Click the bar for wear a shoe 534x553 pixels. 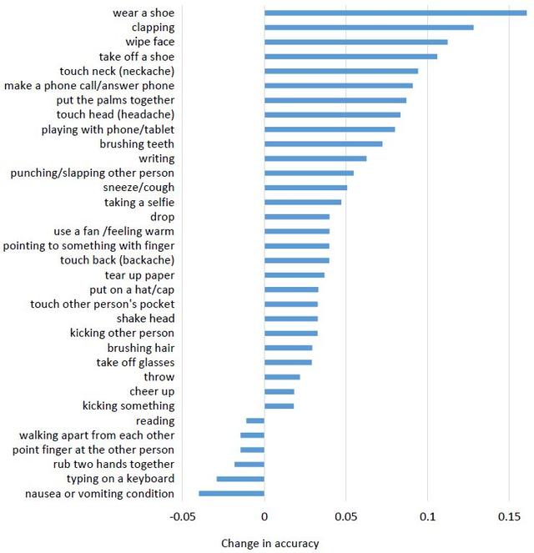tap(395, 13)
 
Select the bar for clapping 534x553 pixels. tap(369, 28)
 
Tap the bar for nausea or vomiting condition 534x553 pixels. tap(231, 494)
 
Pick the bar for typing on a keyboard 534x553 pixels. tap(240, 479)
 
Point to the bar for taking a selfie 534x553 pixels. tap(303, 202)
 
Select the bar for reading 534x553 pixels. tap(255, 421)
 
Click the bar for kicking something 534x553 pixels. tap(279, 406)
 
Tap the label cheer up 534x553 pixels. tap(152, 391)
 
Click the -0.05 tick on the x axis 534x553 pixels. tap(183, 517)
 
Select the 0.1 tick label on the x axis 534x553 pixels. tap(427, 517)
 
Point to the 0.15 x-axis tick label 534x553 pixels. tap(509, 517)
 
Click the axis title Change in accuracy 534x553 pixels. tap(270, 544)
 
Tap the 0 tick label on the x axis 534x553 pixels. tap(264, 517)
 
